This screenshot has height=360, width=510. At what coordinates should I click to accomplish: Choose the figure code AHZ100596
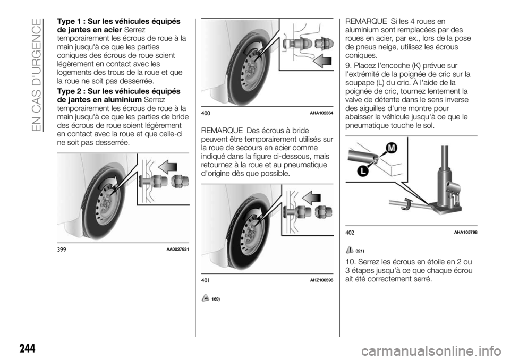coord(321,280)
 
